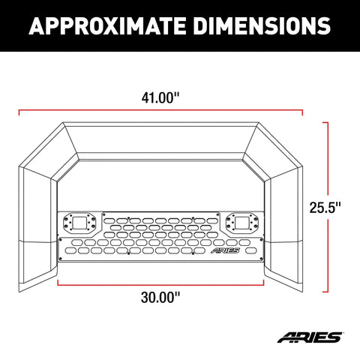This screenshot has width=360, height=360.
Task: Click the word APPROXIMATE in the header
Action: (107, 25)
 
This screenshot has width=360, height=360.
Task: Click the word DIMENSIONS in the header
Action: (262, 25)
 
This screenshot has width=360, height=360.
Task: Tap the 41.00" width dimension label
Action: (160, 97)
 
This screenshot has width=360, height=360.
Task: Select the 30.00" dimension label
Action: (160, 298)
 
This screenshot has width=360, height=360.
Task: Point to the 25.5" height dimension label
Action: (325, 207)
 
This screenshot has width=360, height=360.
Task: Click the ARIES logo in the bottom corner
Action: (310, 337)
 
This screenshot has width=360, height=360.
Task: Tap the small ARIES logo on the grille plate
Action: (225, 250)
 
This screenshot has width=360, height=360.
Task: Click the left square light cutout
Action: (79, 223)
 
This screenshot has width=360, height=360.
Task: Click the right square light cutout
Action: (242, 223)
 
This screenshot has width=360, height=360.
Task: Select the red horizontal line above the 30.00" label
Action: (160, 285)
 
